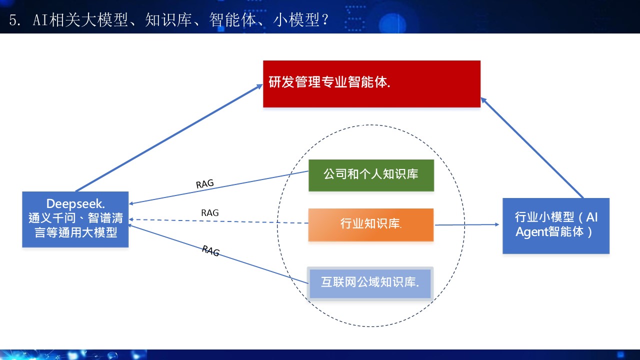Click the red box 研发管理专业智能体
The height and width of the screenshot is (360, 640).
[371, 84]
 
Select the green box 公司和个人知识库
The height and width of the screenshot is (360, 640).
[371, 175]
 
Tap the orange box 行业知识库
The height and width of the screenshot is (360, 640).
[371, 225]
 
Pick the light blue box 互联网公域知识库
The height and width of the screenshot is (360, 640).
[370, 283]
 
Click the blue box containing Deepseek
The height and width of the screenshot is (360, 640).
[75, 219]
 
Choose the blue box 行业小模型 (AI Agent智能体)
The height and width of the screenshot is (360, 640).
[556, 225]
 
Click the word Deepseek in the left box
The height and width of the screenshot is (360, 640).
[75, 204]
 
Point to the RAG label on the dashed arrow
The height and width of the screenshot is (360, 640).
[210, 213]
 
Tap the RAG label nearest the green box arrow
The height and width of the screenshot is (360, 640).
[205, 183]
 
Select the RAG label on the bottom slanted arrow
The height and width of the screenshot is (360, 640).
[211, 251]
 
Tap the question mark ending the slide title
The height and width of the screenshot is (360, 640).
[325, 20]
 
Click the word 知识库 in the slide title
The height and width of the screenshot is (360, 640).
[168, 20]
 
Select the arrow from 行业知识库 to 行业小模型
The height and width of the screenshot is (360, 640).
[467, 225]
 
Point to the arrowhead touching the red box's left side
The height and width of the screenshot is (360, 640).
[259, 86]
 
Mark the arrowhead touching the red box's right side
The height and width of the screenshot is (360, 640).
[484, 100]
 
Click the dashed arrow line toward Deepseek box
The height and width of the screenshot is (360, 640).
[218, 221]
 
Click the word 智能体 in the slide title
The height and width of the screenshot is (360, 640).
[232, 20]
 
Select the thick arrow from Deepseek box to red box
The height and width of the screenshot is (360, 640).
[169, 137]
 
